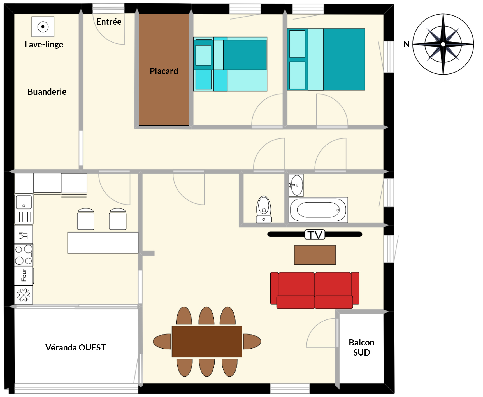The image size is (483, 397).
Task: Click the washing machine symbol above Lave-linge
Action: [x=43, y=27]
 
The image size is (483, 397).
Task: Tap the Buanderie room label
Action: [x=47, y=92]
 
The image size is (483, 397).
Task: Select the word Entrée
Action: [x=109, y=22]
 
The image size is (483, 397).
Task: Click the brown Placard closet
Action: [x=164, y=69]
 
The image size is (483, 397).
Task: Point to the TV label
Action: [x=315, y=235]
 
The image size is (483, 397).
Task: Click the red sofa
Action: [x=315, y=290]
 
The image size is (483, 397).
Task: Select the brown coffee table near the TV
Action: [x=315, y=255]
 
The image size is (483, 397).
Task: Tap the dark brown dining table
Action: [x=207, y=341]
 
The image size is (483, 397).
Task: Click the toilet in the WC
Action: [x=264, y=209]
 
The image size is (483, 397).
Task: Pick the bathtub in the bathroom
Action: [x=318, y=210]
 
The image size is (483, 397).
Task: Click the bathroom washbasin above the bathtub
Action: [x=296, y=185]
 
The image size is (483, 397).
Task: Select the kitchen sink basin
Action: [x=24, y=202]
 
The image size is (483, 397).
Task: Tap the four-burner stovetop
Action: [x=24, y=255]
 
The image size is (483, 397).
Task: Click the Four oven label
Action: [x=24, y=275]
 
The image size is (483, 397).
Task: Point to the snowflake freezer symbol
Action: [x=24, y=295]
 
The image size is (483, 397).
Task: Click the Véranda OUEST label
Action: [x=75, y=347]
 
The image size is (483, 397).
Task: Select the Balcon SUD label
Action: [x=362, y=347]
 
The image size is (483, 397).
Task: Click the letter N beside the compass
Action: [x=406, y=44]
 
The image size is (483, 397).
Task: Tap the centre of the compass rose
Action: [x=443, y=44]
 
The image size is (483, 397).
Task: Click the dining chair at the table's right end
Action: [x=252, y=342]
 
